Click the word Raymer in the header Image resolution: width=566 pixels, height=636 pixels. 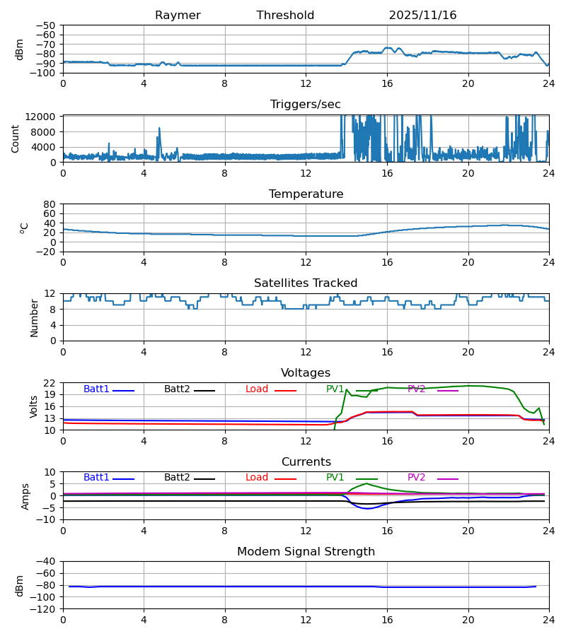click(178, 16)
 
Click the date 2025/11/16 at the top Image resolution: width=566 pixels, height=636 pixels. click(422, 16)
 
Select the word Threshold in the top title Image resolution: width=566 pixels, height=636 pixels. click(285, 16)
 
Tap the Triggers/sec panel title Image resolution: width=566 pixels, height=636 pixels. click(306, 105)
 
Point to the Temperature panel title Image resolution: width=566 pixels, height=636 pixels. click(306, 194)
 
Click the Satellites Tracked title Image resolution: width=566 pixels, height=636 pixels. click(306, 283)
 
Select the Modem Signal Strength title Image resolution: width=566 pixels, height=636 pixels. click(306, 552)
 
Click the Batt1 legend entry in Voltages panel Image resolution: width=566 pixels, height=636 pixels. click(97, 389)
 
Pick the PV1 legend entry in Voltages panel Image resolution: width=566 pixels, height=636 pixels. click(335, 389)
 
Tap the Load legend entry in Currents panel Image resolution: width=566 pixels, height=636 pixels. click(258, 478)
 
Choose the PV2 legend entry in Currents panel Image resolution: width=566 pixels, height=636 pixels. click(417, 478)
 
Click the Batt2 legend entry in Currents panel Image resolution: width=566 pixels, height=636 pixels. click(177, 478)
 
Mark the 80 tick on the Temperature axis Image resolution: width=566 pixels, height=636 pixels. click(50, 204)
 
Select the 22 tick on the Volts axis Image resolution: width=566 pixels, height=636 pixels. click(50, 383)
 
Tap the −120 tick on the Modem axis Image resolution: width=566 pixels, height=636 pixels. click(44, 609)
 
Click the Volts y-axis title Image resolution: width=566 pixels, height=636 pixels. click(33, 406)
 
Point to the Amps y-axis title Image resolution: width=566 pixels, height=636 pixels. click(26, 496)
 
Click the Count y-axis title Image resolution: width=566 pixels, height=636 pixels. click(16, 139)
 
